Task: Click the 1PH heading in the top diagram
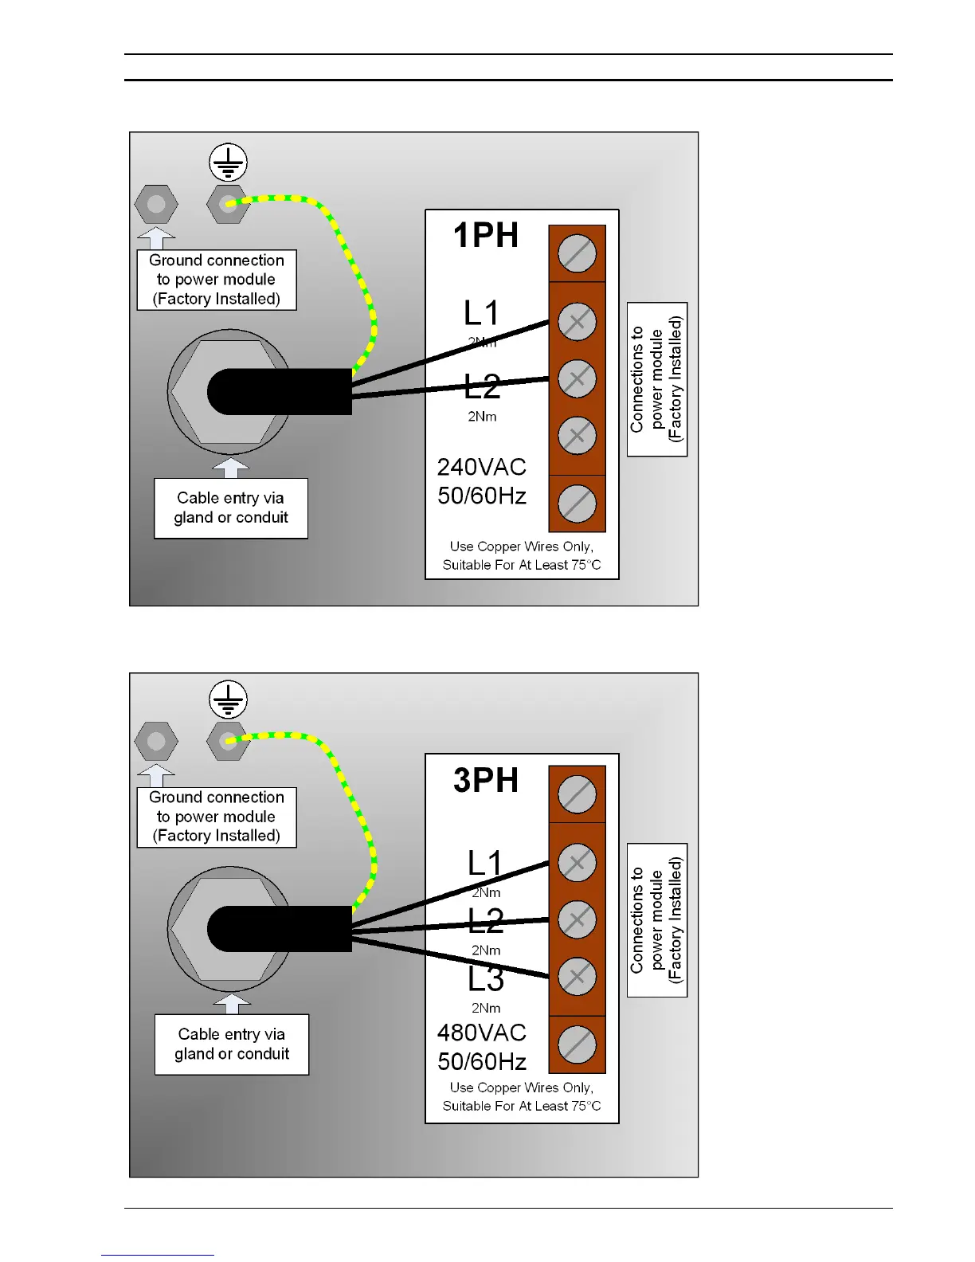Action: [486, 236]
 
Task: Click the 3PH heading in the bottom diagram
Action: [486, 780]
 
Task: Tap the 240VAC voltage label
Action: [481, 467]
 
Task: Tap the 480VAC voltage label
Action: [481, 1033]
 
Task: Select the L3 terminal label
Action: [485, 979]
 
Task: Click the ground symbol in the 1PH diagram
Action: [229, 163]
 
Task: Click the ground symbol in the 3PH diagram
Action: [229, 700]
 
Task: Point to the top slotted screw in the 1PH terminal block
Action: [577, 254]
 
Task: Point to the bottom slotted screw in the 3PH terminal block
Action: [577, 1044]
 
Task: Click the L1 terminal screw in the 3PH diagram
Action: [577, 863]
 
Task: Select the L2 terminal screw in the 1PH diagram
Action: [577, 379]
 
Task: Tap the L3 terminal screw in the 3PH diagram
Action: [577, 977]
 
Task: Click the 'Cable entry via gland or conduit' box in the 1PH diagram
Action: [231, 508]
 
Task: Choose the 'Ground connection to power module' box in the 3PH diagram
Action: [217, 817]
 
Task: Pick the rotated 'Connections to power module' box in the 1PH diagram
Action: [657, 379]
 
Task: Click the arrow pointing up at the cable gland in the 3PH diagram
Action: [232, 1003]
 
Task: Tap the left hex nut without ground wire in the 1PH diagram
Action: [156, 204]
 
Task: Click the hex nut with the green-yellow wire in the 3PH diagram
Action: [229, 741]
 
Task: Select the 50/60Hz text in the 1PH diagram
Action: [481, 496]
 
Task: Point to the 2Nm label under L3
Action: [486, 1008]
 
